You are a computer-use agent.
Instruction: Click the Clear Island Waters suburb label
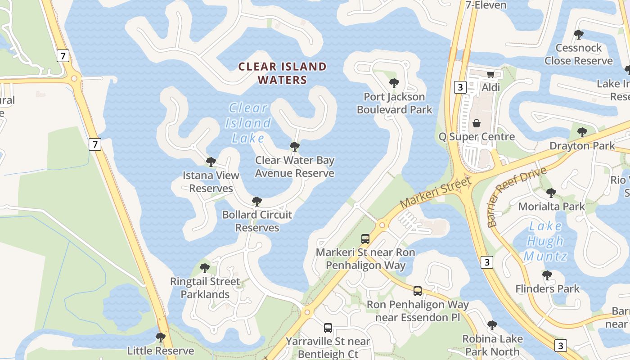coord(282,73)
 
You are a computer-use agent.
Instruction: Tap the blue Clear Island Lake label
coord(248,123)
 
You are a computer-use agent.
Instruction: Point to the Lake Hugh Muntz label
coord(545,241)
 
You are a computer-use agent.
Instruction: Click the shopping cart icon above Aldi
coord(490,74)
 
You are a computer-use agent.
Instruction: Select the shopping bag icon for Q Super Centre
coord(477,123)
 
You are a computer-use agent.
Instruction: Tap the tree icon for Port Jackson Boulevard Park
coord(394,83)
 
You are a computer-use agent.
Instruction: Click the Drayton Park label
coord(582,146)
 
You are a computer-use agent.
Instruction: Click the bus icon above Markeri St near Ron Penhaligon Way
coord(365,239)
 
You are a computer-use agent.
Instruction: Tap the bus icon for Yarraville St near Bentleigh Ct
coord(328,328)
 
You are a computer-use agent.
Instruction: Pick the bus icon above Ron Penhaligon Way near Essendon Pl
coord(418,291)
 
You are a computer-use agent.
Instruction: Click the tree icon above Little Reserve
coord(160,337)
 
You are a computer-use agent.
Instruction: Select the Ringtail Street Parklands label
coord(205,288)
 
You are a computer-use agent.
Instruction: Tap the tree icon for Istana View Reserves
coord(211,162)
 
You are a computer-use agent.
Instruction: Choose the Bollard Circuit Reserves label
coord(257,221)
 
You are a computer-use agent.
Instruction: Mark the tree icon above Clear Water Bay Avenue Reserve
coord(295,147)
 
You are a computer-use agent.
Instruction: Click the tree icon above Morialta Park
coord(551,193)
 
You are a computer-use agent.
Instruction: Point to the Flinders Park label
coord(547,288)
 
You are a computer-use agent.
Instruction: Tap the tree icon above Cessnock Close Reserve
coord(579,34)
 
